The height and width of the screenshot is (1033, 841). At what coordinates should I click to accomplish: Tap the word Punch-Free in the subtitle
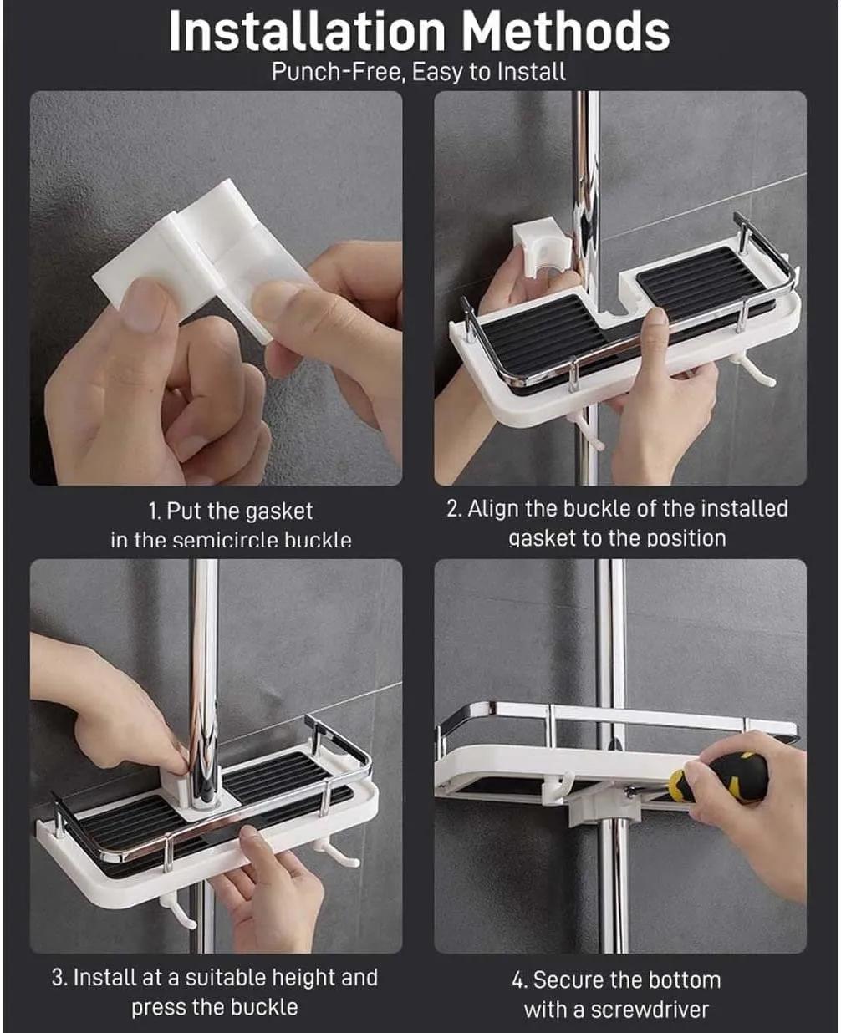pyautogui.click(x=339, y=72)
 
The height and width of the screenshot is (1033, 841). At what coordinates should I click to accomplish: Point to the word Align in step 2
pyautogui.click(x=493, y=509)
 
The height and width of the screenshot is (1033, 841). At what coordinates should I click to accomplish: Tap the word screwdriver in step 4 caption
pyautogui.click(x=650, y=1009)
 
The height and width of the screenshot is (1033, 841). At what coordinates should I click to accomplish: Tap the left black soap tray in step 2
pyautogui.click(x=543, y=334)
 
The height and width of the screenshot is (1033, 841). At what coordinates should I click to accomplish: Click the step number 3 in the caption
pyautogui.click(x=59, y=977)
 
